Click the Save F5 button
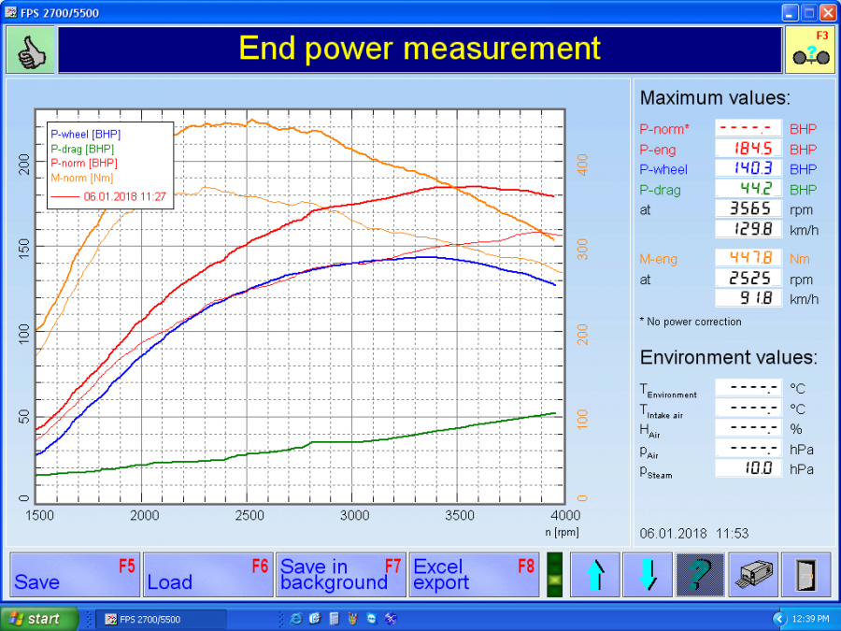[x=76, y=574]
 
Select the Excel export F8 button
[x=474, y=574]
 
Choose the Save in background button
[x=341, y=574]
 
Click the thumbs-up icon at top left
[x=32, y=50]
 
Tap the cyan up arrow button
[x=594, y=574]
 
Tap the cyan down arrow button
[x=648, y=574]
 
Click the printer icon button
[x=753, y=574]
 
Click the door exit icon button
[x=805, y=574]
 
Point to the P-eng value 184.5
[x=748, y=150]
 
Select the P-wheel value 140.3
[x=748, y=169]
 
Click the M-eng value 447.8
[x=748, y=259]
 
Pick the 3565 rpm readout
[x=748, y=209]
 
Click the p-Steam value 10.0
[x=748, y=469]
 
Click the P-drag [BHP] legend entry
[x=83, y=149]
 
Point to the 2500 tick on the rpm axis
[x=249, y=516]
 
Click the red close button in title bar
[x=827, y=13]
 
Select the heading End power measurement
[x=420, y=49]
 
